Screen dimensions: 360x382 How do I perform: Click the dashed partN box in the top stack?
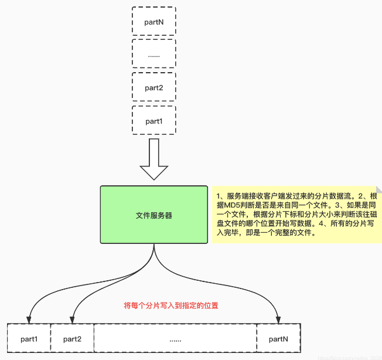click(x=154, y=22)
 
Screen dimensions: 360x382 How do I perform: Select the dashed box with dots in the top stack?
click(x=154, y=55)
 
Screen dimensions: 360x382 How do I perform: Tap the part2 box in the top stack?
click(x=154, y=88)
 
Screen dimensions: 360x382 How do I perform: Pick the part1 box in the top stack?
click(x=154, y=121)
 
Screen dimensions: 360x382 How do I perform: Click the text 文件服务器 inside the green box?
click(x=154, y=215)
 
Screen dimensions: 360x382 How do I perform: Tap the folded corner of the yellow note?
click(x=378, y=189)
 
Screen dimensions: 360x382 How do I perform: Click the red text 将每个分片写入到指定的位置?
click(x=171, y=305)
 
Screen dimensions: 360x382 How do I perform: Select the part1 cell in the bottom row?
click(x=29, y=339)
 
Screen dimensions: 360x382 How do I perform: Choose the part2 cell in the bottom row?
click(x=72, y=339)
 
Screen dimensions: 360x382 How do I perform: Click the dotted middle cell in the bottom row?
click(x=175, y=339)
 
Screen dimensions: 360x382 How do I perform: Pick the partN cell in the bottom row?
click(x=278, y=339)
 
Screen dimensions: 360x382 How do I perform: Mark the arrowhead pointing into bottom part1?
click(x=30, y=320)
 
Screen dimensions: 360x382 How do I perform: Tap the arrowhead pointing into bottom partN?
click(x=278, y=320)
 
